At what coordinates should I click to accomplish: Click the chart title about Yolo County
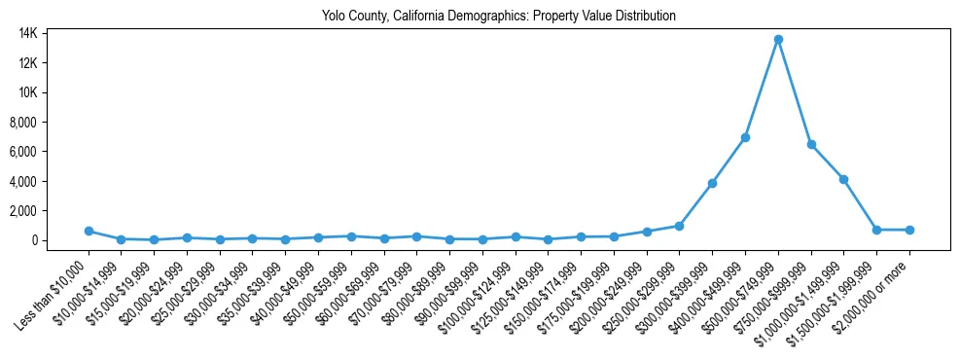(x=498, y=16)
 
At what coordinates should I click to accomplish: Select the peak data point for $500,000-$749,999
(x=778, y=40)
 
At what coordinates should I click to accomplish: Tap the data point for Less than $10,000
(x=89, y=231)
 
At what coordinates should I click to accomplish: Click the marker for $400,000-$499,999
(x=745, y=137)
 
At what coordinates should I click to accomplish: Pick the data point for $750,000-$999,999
(x=811, y=144)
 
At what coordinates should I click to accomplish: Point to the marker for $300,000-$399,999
(x=712, y=183)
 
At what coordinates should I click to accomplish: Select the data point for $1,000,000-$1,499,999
(x=844, y=179)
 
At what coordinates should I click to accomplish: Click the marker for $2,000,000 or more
(x=909, y=230)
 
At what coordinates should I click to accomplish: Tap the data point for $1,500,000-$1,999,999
(x=877, y=230)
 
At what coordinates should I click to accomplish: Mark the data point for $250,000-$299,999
(x=679, y=226)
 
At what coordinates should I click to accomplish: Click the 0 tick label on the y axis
(x=60, y=240)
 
